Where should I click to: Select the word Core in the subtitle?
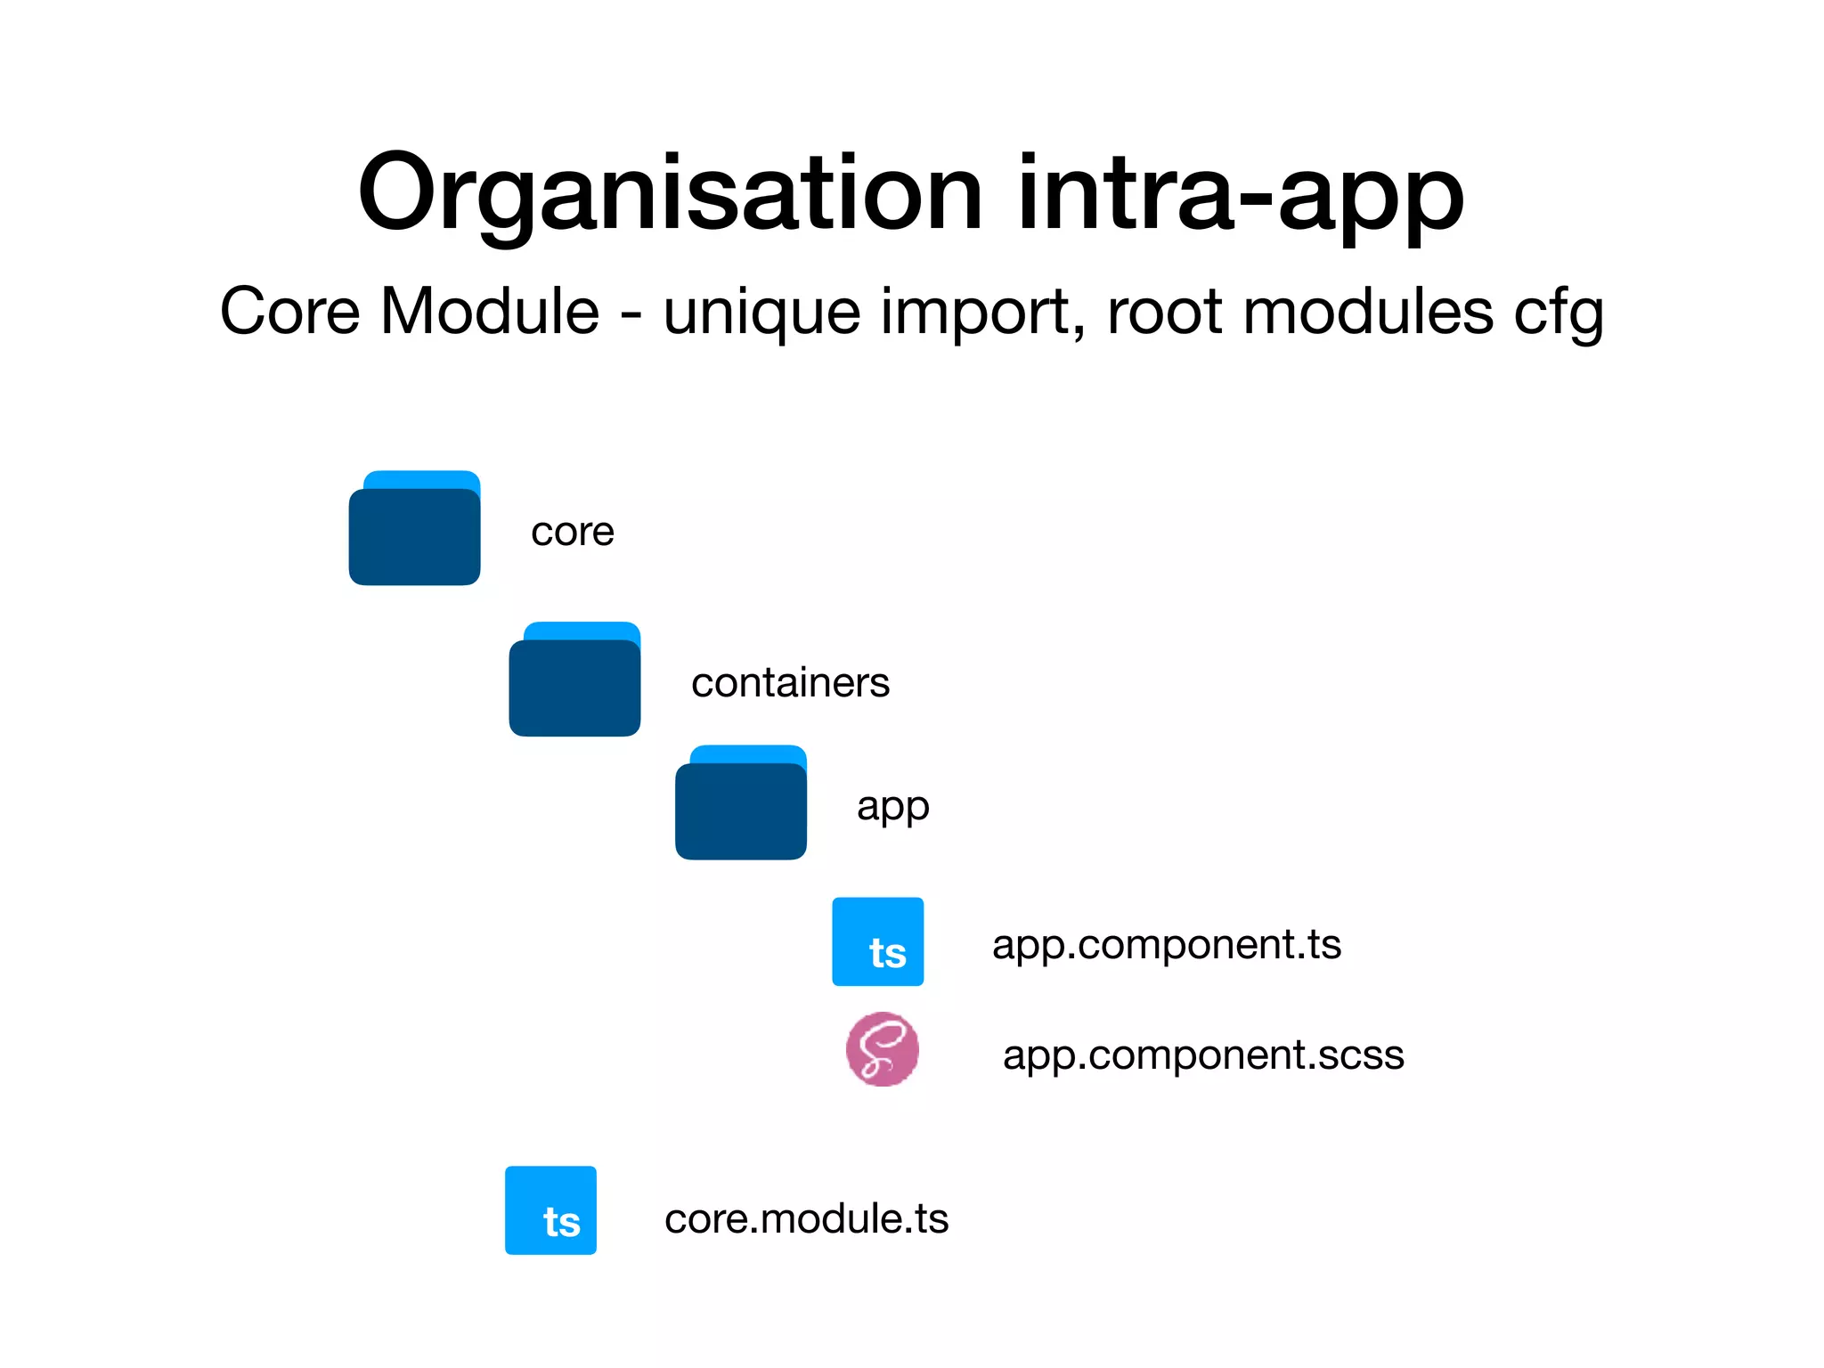coord(290,312)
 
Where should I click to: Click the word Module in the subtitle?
coord(490,312)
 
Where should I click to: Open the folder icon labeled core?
coord(415,529)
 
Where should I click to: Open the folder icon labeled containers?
coord(574,680)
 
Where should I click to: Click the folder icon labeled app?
coord(741,803)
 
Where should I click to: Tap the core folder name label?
coord(573,533)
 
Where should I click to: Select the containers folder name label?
coord(790,683)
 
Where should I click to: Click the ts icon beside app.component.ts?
coord(877,941)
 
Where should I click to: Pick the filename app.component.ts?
coord(1166,945)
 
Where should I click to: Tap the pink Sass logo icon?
coord(882,1049)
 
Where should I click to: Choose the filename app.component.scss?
coord(1203,1055)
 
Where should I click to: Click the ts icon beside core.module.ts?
coord(550,1210)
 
